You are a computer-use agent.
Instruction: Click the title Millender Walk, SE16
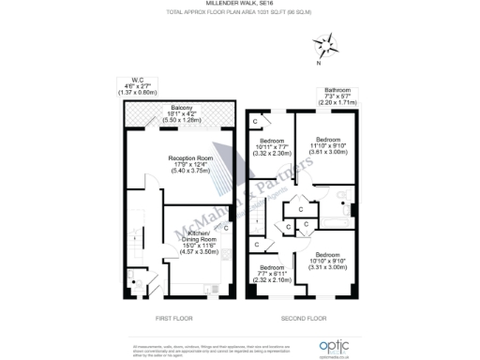pos(239,5)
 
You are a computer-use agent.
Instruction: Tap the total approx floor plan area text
pos(239,13)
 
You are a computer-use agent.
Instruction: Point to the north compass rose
pos(327,43)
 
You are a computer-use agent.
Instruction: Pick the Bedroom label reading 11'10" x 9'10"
pos(327,145)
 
